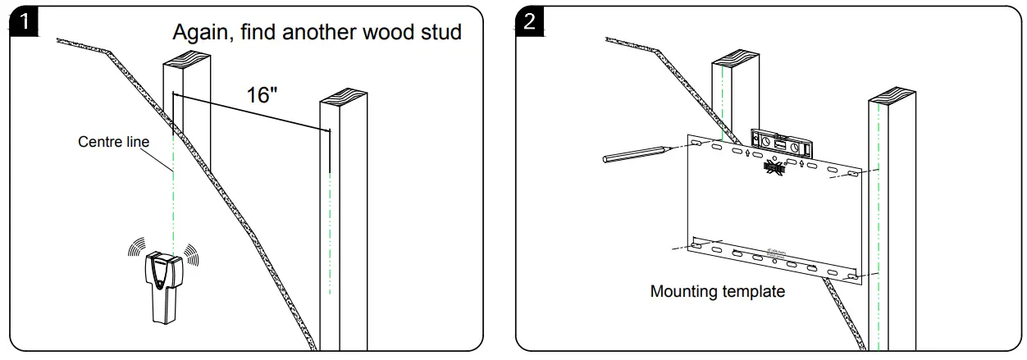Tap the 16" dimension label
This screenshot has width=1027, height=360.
[262, 94]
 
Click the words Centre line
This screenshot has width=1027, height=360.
[113, 142]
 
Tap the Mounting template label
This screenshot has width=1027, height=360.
[718, 291]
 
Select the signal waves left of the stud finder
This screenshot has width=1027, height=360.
[133, 251]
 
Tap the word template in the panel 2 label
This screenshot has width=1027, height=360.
[751, 291]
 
